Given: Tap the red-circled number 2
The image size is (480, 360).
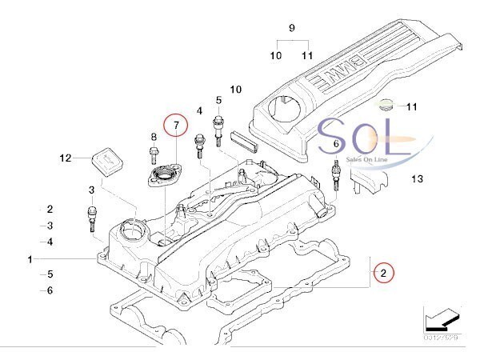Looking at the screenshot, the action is point(384,273).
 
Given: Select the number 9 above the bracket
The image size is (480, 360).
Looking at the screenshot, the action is point(292,29).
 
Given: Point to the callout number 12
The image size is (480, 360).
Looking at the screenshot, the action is point(66,158).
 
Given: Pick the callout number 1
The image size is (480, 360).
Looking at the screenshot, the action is point(30,260).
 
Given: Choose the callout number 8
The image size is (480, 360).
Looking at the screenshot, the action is point(153,138).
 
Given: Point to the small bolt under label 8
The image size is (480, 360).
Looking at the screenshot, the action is point(154,155).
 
